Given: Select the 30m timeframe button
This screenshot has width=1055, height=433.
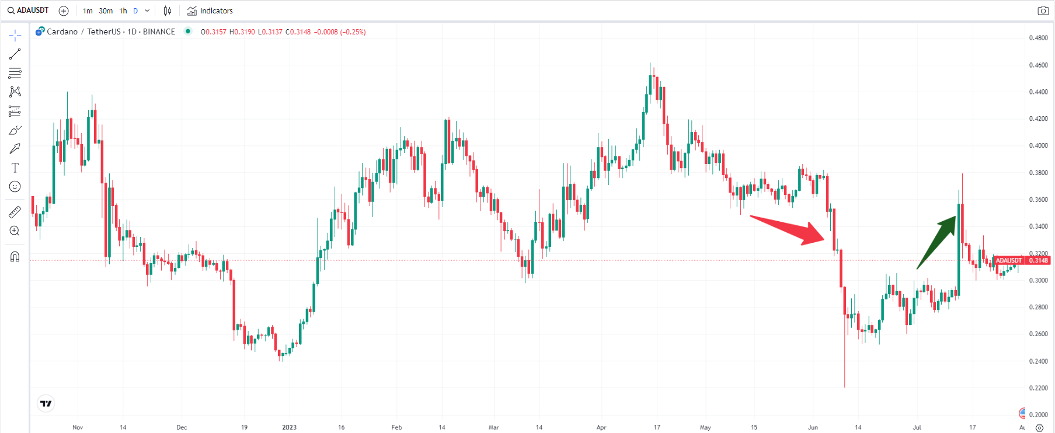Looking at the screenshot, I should [106, 11].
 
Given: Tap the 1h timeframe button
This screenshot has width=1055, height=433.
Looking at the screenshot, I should [123, 11].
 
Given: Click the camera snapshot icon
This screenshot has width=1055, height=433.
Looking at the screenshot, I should [1043, 11].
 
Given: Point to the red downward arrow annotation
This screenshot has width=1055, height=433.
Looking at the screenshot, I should [788, 230].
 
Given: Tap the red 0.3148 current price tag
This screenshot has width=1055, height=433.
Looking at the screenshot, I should [1037, 260].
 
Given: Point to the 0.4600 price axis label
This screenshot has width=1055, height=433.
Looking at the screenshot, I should [1038, 65].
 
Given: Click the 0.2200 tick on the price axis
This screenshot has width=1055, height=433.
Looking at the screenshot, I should [1038, 388].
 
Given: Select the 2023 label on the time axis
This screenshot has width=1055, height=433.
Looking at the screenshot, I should [289, 427].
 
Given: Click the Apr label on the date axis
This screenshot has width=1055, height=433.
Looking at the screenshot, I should [601, 427].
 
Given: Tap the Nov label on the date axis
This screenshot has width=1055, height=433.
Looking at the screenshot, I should [78, 427].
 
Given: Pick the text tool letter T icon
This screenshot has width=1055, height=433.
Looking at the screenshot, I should [15, 168].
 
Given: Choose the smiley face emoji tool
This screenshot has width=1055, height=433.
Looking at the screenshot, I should [15, 187].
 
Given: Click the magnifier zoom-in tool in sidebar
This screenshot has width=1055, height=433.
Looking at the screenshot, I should [15, 231].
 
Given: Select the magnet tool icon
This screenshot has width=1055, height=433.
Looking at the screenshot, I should [15, 257].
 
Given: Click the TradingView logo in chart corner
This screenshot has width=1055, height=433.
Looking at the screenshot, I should [46, 403].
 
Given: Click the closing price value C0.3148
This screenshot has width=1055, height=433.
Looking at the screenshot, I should [298, 32].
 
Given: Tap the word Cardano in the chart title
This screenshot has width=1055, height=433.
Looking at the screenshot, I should [62, 32].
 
